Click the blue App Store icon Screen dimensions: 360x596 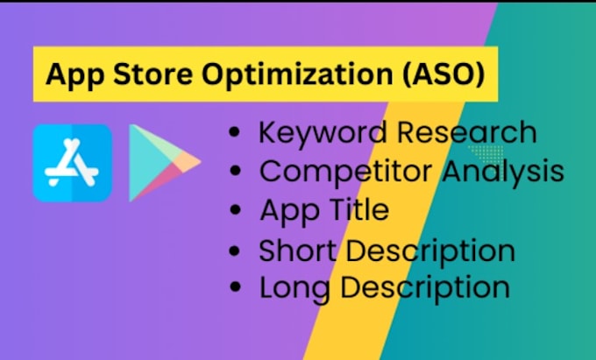72,163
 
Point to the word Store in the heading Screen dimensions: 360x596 158,74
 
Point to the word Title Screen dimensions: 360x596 356,210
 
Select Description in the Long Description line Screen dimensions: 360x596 422,288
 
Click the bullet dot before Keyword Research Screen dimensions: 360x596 234,134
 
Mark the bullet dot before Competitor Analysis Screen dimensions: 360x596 234,173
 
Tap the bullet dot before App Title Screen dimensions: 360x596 234,211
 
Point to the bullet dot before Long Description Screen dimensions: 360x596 234,288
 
